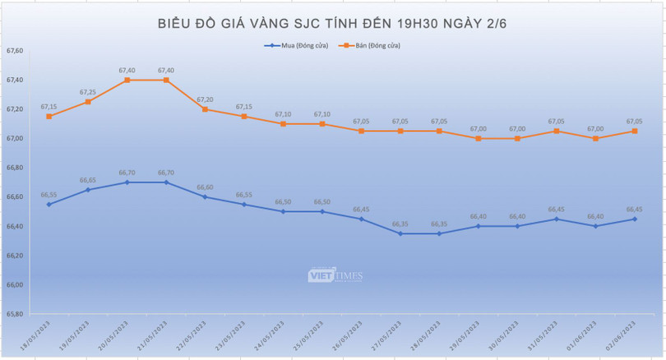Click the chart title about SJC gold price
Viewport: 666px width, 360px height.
(333, 23)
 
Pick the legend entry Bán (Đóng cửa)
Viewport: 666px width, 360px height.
(371, 45)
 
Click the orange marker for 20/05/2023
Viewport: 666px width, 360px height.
(127, 80)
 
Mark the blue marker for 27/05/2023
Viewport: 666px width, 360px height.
(400, 233)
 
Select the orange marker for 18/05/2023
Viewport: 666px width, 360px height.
(49, 117)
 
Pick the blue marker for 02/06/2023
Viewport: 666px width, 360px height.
(635, 219)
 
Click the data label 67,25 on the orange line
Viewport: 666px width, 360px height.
(88, 92)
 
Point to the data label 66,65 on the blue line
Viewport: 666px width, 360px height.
(88, 180)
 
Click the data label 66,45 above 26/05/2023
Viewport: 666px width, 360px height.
(361, 209)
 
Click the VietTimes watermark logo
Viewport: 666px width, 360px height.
(335, 275)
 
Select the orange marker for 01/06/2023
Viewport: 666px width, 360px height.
(595, 138)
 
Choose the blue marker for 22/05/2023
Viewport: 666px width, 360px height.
(206, 196)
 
